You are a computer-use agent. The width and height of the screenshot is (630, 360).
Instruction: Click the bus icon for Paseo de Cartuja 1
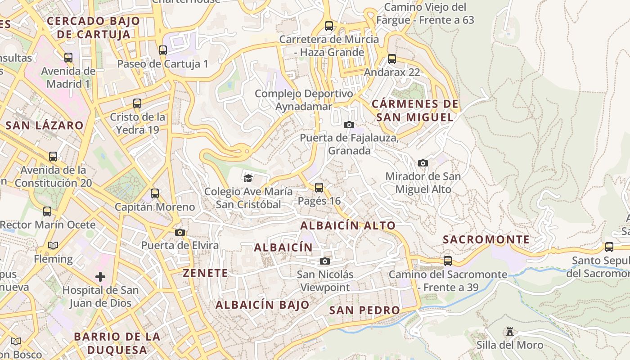163,50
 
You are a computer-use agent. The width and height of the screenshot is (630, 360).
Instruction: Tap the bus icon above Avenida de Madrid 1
68,57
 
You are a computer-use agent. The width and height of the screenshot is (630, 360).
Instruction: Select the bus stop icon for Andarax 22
392,58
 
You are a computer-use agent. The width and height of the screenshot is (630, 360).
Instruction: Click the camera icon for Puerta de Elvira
180,232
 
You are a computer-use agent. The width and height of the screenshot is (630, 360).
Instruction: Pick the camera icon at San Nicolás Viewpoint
325,261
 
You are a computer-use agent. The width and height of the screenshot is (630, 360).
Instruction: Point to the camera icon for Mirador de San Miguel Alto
423,163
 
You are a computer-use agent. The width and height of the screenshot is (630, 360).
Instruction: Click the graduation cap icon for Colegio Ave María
248,178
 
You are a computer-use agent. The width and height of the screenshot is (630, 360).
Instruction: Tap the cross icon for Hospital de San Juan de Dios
100,276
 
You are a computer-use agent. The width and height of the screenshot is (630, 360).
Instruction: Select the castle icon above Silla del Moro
510,332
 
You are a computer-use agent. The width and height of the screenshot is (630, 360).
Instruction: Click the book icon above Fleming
53,245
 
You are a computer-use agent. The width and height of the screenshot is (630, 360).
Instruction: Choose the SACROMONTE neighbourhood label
486,239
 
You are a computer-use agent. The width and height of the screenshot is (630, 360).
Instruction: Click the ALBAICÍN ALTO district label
348,225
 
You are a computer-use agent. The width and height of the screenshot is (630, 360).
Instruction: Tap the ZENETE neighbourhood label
205,273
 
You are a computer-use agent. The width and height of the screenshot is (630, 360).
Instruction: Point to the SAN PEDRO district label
364,310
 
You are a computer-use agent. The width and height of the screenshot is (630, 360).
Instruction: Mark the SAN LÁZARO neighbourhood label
45,126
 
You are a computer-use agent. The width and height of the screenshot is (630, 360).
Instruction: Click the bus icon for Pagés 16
319,187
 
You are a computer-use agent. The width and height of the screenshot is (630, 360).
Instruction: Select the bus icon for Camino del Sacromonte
448,261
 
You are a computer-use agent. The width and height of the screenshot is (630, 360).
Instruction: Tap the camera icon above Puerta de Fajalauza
349,125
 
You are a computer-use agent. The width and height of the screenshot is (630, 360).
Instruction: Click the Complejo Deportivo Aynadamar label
304,100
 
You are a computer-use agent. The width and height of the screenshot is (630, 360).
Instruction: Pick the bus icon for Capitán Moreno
155,193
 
